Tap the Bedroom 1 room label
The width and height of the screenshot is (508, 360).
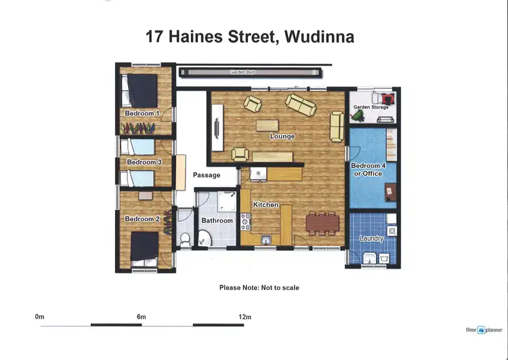pyautogui.click(x=142, y=113)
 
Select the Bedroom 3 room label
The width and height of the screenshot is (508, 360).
pyautogui.click(x=144, y=163)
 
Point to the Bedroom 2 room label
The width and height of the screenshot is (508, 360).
pyautogui.click(x=142, y=219)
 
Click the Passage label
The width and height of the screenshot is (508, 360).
pyautogui.click(x=207, y=175)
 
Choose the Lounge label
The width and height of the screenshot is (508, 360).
pyautogui.click(x=282, y=136)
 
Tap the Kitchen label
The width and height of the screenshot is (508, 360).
pyautogui.click(x=266, y=205)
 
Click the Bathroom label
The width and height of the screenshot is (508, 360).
pyautogui.click(x=217, y=220)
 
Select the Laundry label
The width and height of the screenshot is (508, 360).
pyautogui.click(x=372, y=239)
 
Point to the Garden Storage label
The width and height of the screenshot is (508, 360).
pyautogui.click(x=371, y=107)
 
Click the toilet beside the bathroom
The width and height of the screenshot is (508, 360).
pyautogui.click(x=185, y=239)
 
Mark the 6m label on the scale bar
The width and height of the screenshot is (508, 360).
pyautogui.click(x=141, y=317)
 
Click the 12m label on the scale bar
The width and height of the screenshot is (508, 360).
pyautogui.click(x=245, y=317)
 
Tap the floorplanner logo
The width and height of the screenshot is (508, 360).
pyautogui.click(x=484, y=330)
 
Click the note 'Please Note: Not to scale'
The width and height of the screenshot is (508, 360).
pyautogui.click(x=259, y=287)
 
